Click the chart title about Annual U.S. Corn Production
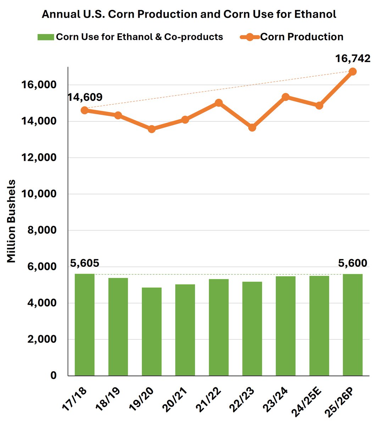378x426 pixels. pos(189,14)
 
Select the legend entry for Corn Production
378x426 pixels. pos(291,37)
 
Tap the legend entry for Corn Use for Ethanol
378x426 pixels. pos(130,37)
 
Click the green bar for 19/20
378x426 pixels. pos(151,332)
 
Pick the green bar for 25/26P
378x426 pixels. pos(352,325)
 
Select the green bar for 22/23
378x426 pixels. pos(252,329)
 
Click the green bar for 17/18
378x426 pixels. pos(84,325)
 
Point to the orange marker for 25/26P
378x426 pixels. pos(352,71)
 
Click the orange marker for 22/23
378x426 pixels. pos(252,127)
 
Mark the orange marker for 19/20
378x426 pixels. pos(151,129)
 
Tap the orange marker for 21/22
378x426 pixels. pos(219,103)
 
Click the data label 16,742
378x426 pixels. pos(353,58)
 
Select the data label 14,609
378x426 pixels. pos(85,97)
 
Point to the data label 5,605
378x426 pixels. pos(84,263)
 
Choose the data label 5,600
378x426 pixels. pos(352,263)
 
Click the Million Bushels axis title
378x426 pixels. pos(12,221)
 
